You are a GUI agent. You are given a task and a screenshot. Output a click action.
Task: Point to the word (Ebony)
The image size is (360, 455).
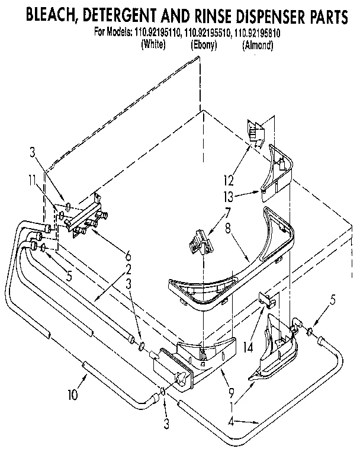coord(204,44)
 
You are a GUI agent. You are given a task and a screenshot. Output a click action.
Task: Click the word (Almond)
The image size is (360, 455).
coord(258,44)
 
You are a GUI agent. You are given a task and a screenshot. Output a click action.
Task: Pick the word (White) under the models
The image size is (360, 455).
coord(155,44)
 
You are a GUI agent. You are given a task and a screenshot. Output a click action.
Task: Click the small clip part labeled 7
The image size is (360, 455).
coord(197,242)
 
